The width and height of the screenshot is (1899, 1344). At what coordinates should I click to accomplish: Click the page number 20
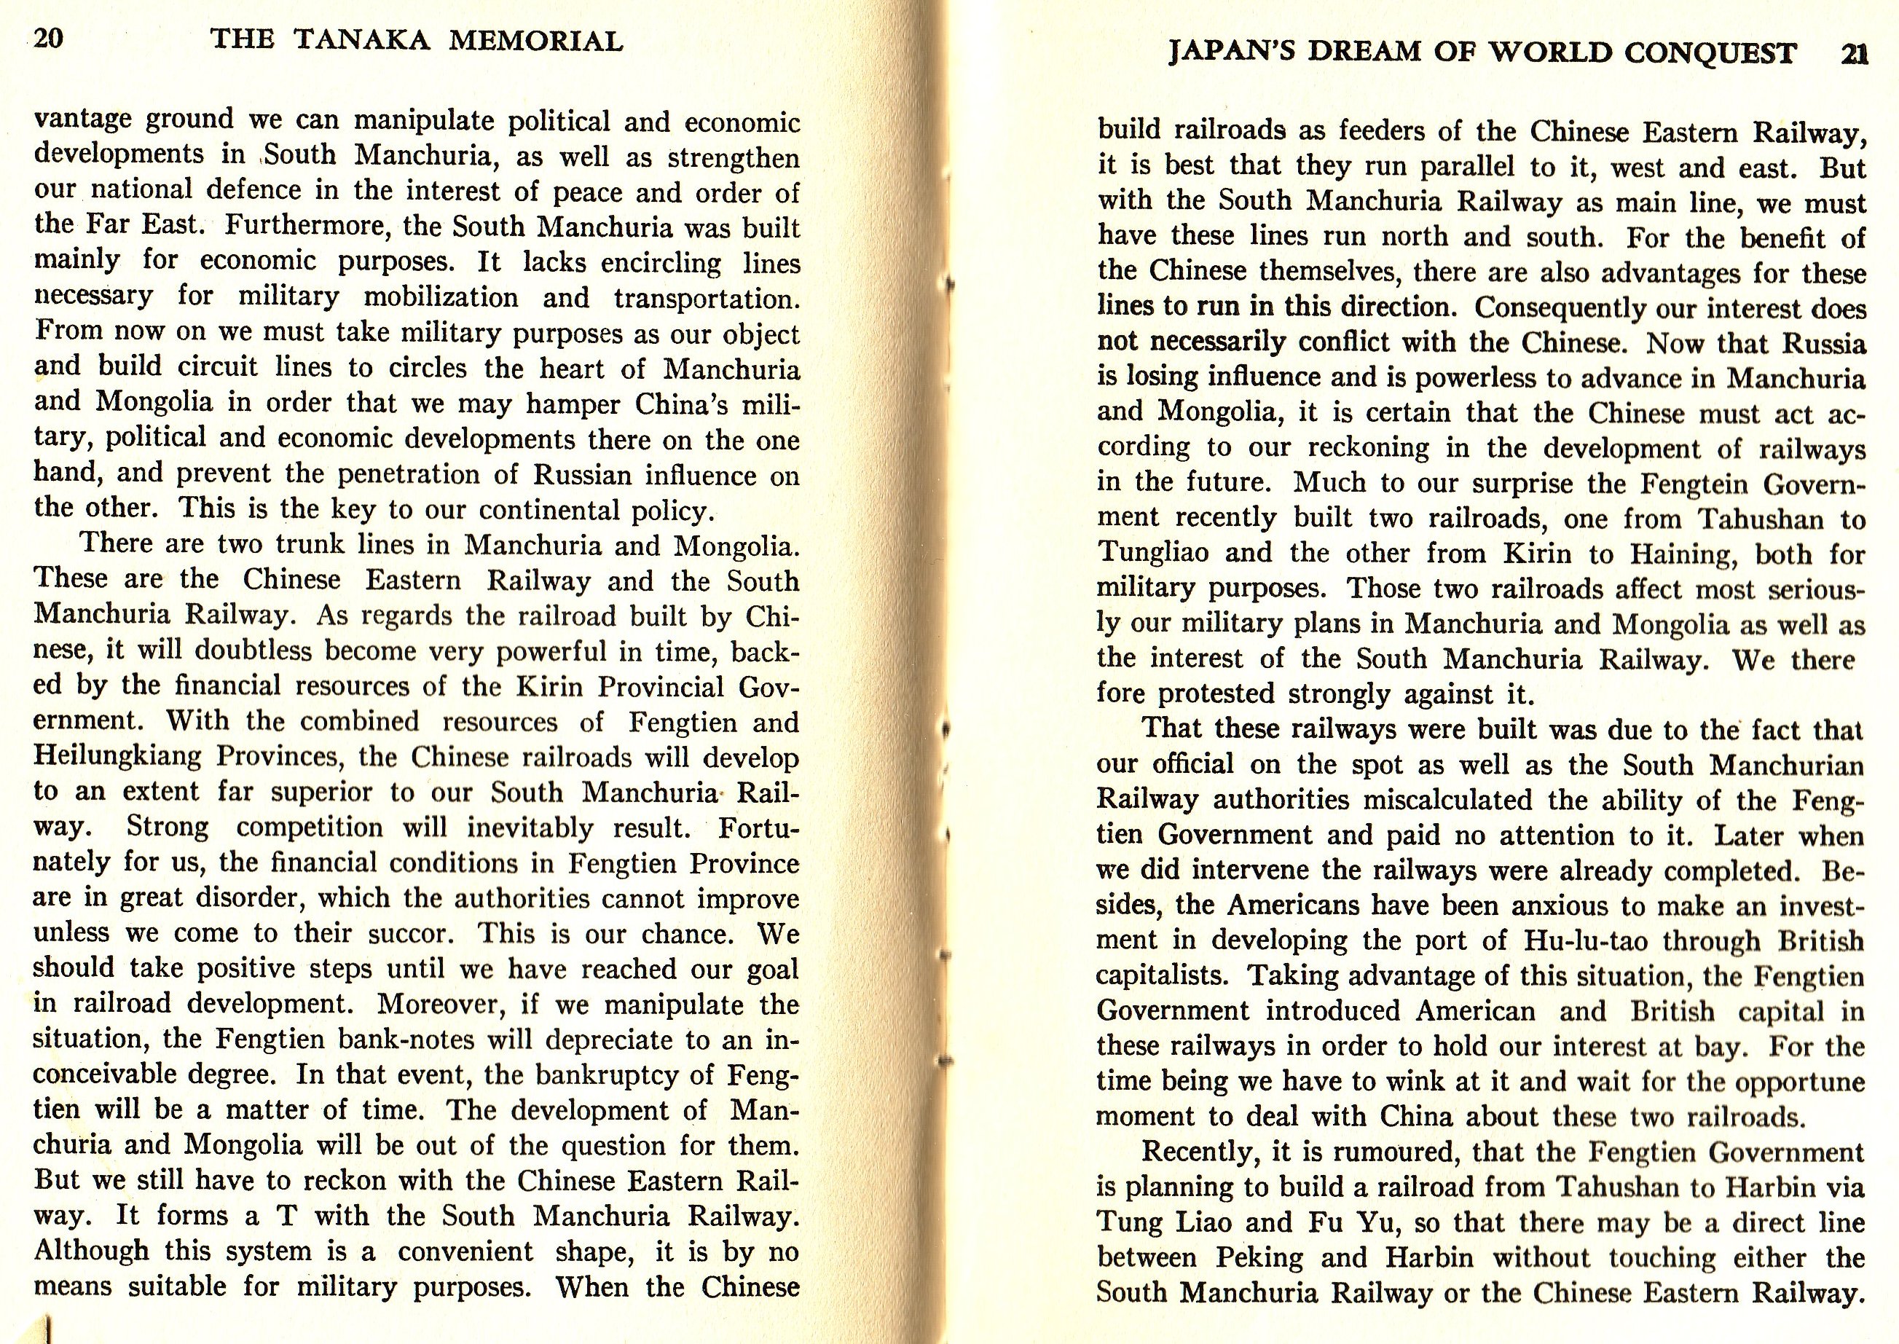coord(49,39)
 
